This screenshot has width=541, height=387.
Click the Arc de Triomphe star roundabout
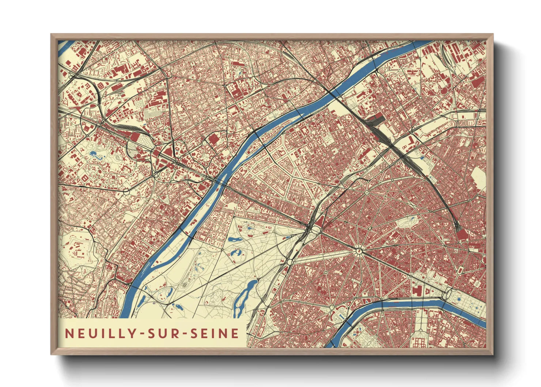click(x=359, y=251)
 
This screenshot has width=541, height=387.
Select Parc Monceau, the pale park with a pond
click(x=407, y=222)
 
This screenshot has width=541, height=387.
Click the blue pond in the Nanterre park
click(x=94, y=154)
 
